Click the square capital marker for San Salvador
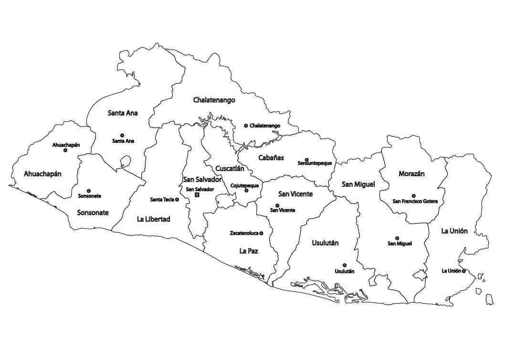click(x=197, y=195)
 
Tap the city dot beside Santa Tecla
click(x=177, y=200)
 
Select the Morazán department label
click(x=411, y=174)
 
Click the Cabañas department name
click(x=271, y=158)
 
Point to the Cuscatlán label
click(x=230, y=169)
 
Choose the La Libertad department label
click(x=153, y=219)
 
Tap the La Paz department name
click(x=249, y=250)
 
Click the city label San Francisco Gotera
click(x=415, y=201)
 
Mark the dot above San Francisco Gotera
click(x=413, y=196)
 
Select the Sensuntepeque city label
click(x=315, y=163)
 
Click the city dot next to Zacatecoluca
click(x=262, y=233)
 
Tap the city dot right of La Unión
click(x=464, y=271)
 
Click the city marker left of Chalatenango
click(x=246, y=126)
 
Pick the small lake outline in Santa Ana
click(x=126, y=160)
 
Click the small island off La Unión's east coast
click(x=489, y=299)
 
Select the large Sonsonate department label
click(x=93, y=212)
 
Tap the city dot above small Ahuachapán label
click(x=65, y=150)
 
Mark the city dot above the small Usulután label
click(x=344, y=265)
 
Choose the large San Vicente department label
click(x=295, y=194)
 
